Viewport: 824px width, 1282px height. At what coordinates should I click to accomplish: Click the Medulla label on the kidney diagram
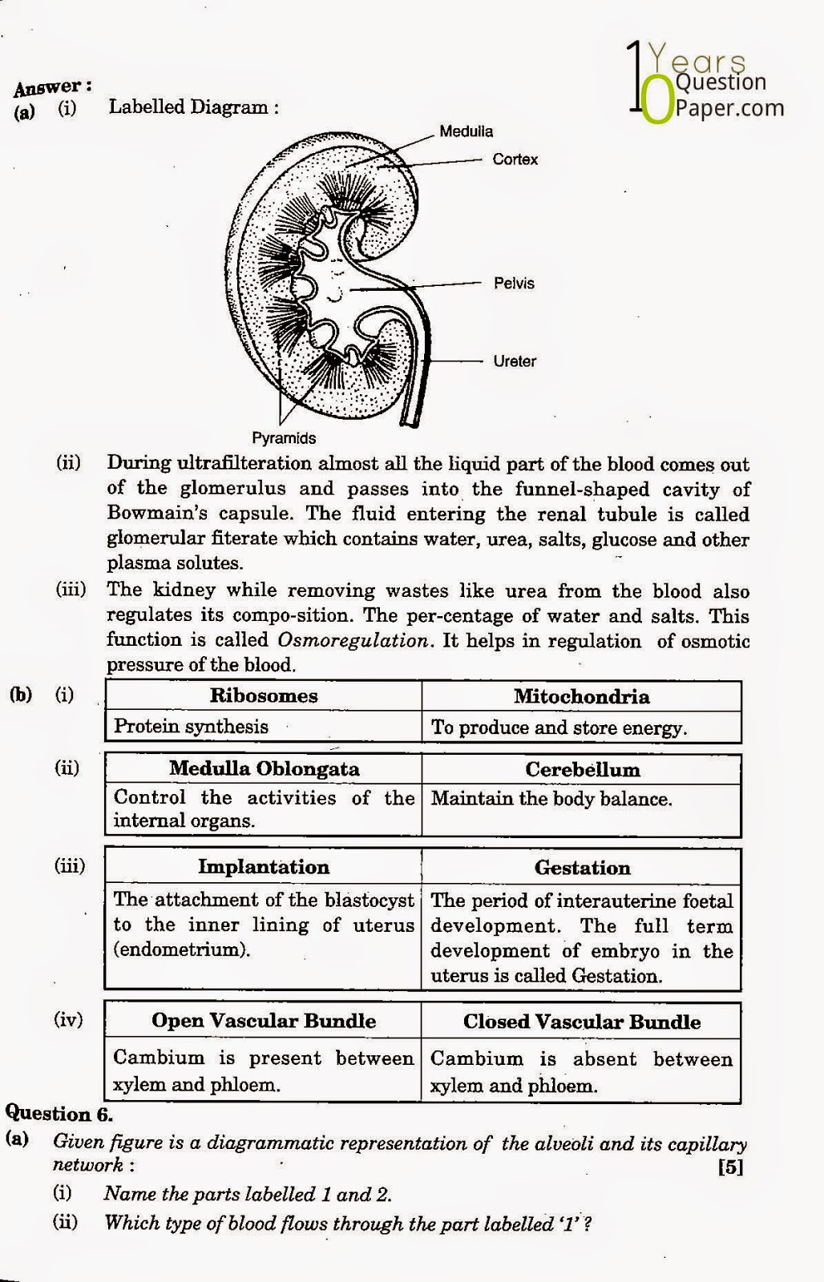click(466, 131)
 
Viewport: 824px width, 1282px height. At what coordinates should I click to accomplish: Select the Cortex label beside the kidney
click(515, 159)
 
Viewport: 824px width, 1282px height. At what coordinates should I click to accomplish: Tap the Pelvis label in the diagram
click(514, 283)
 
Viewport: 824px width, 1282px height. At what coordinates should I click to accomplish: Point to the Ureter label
click(515, 361)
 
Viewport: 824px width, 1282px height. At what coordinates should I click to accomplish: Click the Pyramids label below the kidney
click(284, 438)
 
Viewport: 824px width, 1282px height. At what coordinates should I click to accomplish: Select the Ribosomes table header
click(264, 695)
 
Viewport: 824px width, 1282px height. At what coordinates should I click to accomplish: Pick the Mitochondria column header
click(581, 696)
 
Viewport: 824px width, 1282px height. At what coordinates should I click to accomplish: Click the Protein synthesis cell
click(191, 727)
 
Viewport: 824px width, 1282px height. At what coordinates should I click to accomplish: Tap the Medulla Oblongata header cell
click(264, 769)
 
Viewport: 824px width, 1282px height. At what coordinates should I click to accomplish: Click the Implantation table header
click(264, 867)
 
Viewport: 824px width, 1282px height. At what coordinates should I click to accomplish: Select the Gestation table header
click(583, 868)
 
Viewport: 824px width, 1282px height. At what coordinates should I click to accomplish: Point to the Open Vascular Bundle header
click(264, 1021)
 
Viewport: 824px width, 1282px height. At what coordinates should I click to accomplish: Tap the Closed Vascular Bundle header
click(582, 1022)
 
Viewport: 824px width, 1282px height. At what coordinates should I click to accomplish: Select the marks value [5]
click(730, 1167)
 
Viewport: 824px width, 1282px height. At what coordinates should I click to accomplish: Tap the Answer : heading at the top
click(52, 87)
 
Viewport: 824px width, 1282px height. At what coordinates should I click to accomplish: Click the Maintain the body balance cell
click(551, 799)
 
